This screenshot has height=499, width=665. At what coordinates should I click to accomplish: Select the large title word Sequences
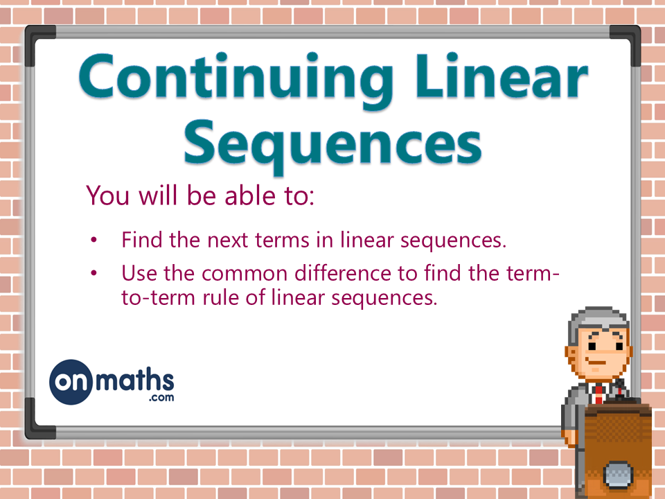click(x=332, y=145)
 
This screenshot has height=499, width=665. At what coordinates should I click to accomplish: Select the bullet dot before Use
click(x=95, y=273)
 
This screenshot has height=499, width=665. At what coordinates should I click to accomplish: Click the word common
click(x=250, y=273)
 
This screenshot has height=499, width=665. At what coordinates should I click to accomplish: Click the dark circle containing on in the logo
click(x=71, y=382)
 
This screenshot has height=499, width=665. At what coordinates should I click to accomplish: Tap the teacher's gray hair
click(x=597, y=319)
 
